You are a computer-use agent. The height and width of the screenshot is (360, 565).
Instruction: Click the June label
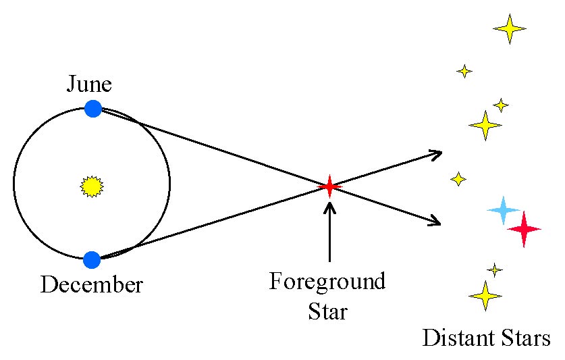[89, 84]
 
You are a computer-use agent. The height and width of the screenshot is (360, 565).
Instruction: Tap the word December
[92, 284]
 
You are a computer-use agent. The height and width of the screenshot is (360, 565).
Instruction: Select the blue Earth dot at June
[93, 108]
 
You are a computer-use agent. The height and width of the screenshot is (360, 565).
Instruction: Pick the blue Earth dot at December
[92, 259]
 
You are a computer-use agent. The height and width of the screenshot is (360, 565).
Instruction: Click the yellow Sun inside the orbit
[90, 185]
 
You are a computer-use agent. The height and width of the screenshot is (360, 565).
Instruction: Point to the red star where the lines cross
[329, 185]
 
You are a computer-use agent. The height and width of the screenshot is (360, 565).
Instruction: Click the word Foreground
[327, 281]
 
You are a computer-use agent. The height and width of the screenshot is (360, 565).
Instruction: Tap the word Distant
[456, 338]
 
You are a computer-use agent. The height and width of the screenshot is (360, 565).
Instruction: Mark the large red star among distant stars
[524, 230]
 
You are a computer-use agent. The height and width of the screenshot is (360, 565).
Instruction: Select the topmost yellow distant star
[509, 28]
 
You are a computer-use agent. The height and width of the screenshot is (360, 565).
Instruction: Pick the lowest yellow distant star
[485, 295]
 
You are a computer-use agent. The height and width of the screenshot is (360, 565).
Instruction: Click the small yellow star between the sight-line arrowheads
[458, 179]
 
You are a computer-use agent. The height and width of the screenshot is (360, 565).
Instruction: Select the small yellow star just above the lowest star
[495, 270]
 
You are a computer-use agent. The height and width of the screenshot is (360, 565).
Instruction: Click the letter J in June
[71, 84]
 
